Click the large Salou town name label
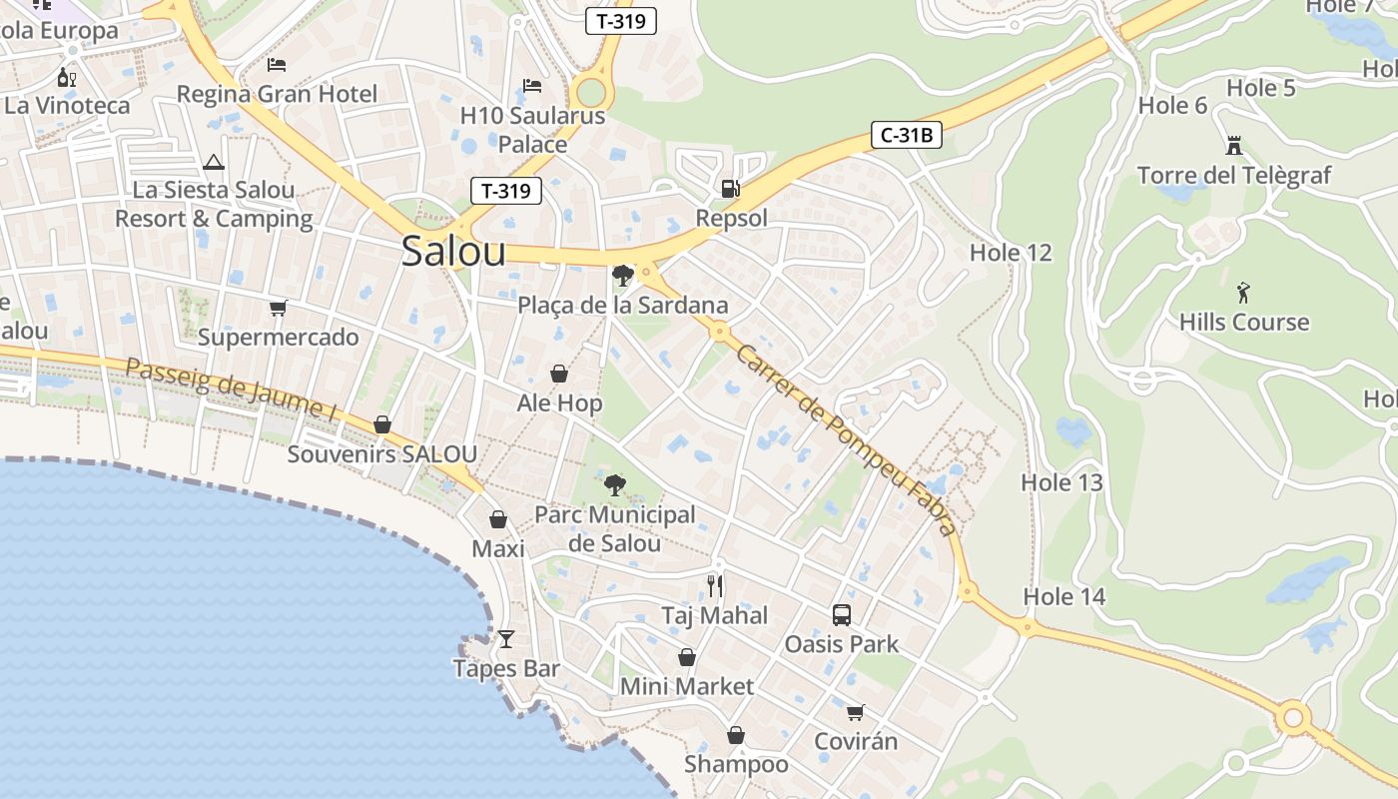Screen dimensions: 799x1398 click(x=453, y=252)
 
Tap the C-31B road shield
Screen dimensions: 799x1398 click(x=907, y=135)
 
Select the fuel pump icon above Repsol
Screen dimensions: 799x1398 click(x=731, y=188)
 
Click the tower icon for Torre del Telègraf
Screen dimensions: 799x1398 click(x=1234, y=146)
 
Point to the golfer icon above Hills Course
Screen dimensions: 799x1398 click(x=1243, y=293)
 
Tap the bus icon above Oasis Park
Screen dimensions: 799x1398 click(x=842, y=614)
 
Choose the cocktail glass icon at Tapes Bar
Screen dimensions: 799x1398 click(x=506, y=639)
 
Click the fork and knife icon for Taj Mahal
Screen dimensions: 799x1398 click(x=715, y=585)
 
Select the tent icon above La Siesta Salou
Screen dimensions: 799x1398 click(x=213, y=162)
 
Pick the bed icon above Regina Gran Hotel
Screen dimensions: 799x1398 click(x=277, y=65)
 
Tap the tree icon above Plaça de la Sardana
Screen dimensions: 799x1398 click(x=623, y=275)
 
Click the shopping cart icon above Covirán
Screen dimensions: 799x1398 click(x=855, y=712)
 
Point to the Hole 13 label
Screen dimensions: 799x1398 click(x=1061, y=482)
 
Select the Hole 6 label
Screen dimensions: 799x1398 click(x=1172, y=105)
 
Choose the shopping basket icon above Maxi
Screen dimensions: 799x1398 click(x=498, y=519)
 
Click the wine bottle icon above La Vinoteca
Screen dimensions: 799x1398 click(x=66, y=77)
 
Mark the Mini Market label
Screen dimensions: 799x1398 click(x=687, y=686)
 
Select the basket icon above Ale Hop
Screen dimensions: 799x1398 click(x=559, y=374)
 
